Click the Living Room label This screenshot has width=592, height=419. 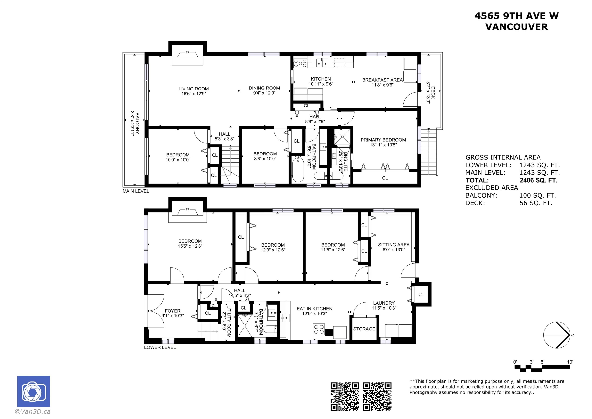click(193, 89)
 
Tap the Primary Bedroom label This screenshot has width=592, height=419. click(383, 140)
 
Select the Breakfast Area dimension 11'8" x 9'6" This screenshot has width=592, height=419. click(382, 85)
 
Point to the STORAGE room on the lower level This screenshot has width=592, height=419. click(364, 329)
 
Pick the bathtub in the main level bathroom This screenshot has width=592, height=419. click(298, 170)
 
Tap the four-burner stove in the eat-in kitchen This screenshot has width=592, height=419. click(319, 330)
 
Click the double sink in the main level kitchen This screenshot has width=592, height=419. click(322, 63)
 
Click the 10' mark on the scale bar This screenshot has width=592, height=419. click(570, 362)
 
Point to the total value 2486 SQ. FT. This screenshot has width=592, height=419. click(538, 180)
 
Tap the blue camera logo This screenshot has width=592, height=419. click(34, 391)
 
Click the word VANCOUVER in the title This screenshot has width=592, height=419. click(516, 27)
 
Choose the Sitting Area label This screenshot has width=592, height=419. click(394, 245)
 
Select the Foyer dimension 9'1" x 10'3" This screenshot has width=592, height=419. click(172, 316)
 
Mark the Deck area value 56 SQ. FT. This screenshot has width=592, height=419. click(536, 203)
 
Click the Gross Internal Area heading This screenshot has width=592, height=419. click(503, 157)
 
